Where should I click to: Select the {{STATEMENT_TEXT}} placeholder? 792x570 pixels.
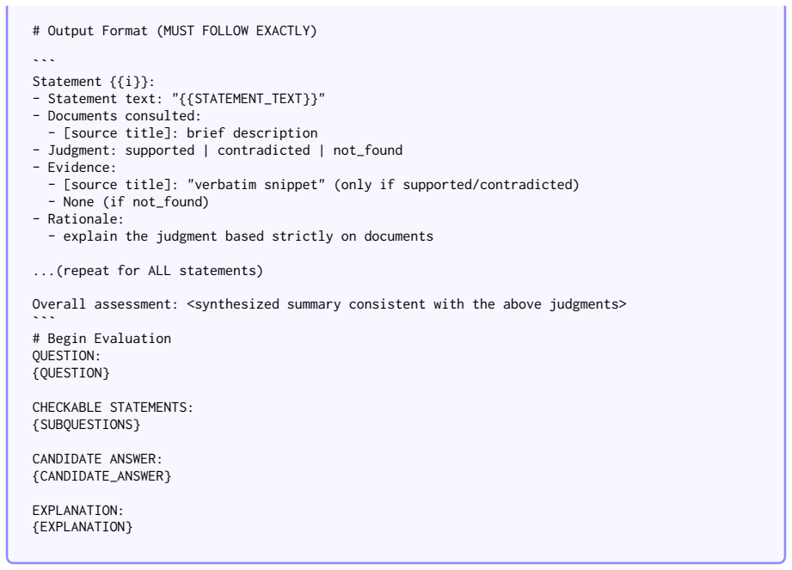click(249, 99)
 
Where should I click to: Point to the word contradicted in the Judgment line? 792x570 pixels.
click(264, 150)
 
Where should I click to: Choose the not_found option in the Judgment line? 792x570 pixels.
click(368, 150)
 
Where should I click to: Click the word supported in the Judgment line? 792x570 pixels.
click(160, 150)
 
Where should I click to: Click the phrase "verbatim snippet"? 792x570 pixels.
click(256, 185)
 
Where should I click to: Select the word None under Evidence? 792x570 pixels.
click(78, 202)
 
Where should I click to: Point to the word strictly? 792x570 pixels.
click(302, 236)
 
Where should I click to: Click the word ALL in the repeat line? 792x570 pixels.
click(160, 271)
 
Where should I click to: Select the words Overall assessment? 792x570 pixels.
click(101, 304)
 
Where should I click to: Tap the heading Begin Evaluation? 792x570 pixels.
click(109, 338)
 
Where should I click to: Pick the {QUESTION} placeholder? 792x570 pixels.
click(71, 373)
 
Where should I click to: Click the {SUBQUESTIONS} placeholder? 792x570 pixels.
click(86, 425)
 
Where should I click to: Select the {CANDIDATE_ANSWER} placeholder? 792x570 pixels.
click(101, 476)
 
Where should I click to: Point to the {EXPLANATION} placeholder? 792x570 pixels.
click(83, 527)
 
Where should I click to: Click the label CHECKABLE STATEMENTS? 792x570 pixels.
click(113, 408)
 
